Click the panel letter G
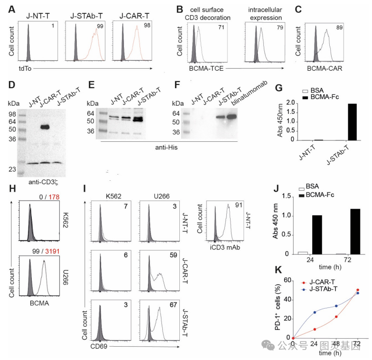[x=279, y=88]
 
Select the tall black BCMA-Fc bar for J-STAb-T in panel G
[x=352, y=122]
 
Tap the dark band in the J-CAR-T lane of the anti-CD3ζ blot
[x=45, y=127]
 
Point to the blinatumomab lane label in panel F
[x=249, y=93]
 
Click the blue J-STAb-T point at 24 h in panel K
[x=315, y=312]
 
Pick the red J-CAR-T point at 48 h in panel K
[x=336, y=317]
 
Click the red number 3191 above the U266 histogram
[x=52, y=251]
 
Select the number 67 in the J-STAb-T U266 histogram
[x=173, y=305]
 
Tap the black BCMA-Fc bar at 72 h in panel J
[x=355, y=231]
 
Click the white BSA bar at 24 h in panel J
[x=303, y=253]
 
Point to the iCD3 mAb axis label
[x=225, y=248]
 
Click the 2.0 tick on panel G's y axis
[x=290, y=103]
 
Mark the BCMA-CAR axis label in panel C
[x=325, y=68]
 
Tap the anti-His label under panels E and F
[x=166, y=148]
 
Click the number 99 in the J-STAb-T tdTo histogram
[x=100, y=26]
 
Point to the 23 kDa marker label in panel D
[x=12, y=169]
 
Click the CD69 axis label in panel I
[x=99, y=346]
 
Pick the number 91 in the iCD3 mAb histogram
[x=239, y=205]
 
